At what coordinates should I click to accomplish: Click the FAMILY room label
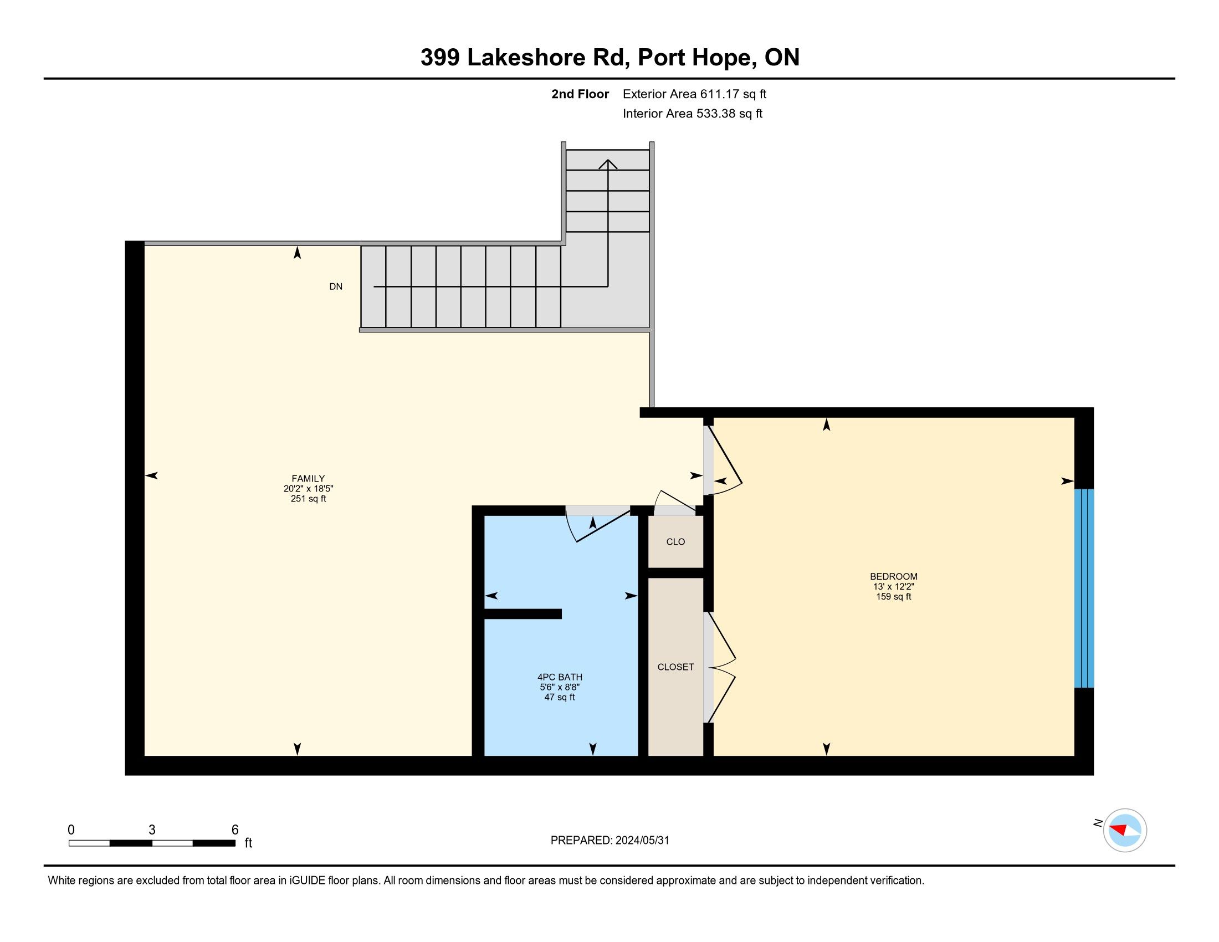click(x=308, y=478)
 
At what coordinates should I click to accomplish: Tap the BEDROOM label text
click(x=894, y=576)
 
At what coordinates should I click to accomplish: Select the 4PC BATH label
click(x=560, y=677)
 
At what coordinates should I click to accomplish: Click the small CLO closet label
click(x=675, y=542)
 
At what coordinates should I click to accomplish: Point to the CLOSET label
click(x=675, y=667)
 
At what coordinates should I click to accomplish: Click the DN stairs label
click(x=336, y=287)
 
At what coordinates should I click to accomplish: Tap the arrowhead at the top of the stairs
click(x=608, y=164)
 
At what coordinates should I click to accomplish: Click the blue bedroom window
click(x=1084, y=588)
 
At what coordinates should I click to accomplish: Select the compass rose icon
click(x=1125, y=831)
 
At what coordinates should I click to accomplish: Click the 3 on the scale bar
click(x=152, y=830)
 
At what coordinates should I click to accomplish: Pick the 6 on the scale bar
click(x=235, y=830)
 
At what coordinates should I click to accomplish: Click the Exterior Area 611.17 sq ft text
click(x=694, y=94)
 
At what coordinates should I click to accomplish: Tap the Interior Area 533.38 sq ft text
click(x=693, y=114)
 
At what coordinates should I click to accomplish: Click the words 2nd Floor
click(x=580, y=94)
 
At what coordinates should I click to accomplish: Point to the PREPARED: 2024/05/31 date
click(x=609, y=841)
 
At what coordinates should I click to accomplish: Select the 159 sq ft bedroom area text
click(x=894, y=597)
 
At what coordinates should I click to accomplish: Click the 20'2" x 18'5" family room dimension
click(x=308, y=488)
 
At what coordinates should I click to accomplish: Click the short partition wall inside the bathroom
click(x=523, y=614)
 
